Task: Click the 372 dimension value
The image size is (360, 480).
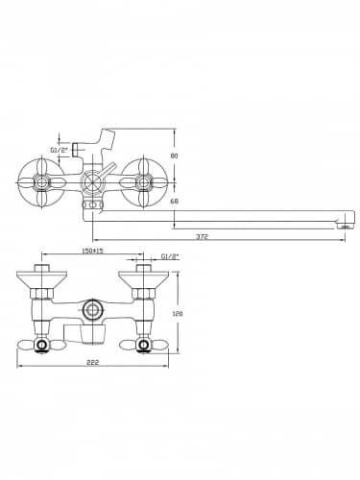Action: (x=202, y=236)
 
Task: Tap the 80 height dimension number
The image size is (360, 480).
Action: (x=174, y=156)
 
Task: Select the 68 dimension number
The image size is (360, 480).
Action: (x=174, y=201)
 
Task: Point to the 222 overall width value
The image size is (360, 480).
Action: (x=93, y=362)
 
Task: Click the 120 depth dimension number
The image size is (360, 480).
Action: (x=177, y=314)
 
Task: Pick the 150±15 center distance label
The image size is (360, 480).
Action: (x=93, y=251)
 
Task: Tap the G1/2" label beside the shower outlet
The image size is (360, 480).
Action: (x=60, y=150)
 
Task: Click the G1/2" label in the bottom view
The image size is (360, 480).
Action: (x=170, y=256)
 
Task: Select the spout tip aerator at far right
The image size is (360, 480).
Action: (x=345, y=227)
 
